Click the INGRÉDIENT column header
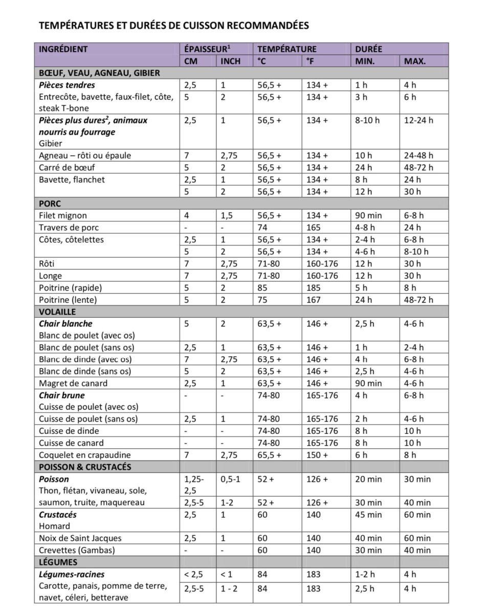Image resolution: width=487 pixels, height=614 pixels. point(63,49)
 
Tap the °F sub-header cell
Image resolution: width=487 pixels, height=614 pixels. point(310,61)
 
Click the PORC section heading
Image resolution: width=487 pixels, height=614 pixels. point(50,204)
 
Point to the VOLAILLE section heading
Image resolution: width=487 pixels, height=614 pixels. point(57,311)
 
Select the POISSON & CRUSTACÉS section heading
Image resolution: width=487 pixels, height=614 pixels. point(85,467)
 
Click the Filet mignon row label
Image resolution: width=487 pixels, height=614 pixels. point(63,216)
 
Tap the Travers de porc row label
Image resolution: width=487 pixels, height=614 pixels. point(69,228)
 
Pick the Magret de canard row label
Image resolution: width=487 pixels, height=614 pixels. point(73,383)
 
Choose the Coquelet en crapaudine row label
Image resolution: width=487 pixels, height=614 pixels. point(85,455)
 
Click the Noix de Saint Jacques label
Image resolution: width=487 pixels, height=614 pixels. point(80,538)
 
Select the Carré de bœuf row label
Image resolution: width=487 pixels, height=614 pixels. point(67,167)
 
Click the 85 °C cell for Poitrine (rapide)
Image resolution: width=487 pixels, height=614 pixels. point(262,288)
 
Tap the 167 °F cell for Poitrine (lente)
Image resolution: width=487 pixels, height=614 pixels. point(314,299)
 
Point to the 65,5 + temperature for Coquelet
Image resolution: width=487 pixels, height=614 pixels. point(270,455)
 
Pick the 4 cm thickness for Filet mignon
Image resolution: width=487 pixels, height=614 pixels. point(187,216)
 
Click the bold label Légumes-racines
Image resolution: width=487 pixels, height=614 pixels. point(72,575)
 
